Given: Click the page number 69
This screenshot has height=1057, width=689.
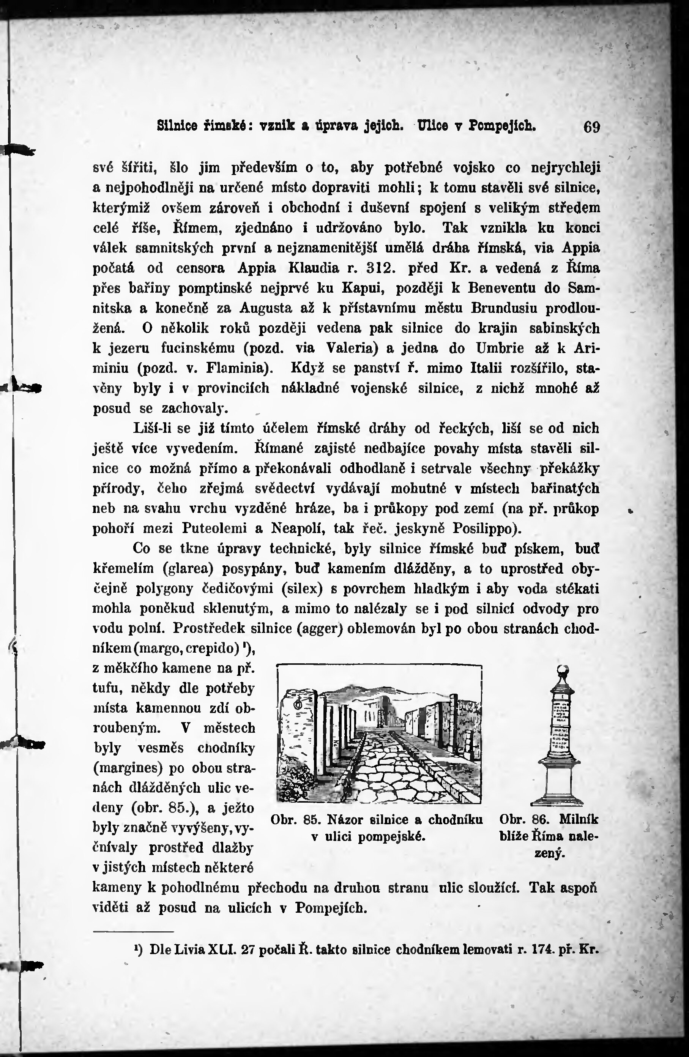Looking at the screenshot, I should point(592,128).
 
